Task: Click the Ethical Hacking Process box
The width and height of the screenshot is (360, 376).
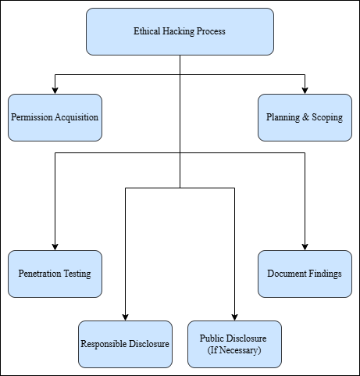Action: point(180,31)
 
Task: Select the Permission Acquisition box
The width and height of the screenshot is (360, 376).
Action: point(55,117)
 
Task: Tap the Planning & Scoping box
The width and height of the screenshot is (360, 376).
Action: point(305,117)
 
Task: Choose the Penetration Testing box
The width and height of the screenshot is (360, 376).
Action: point(55,274)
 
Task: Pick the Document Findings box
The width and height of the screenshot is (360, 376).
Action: point(305,274)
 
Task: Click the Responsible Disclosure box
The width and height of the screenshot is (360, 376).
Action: point(125,344)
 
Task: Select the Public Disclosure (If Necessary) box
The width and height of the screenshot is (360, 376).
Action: point(234,344)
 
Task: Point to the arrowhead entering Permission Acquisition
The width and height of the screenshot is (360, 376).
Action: point(55,91)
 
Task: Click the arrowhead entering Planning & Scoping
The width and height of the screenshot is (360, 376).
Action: point(305,91)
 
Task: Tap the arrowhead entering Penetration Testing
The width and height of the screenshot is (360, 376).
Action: point(55,247)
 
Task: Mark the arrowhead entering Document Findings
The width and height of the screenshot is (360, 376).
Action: point(305,247)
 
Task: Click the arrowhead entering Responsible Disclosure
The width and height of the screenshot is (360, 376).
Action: point(125,317)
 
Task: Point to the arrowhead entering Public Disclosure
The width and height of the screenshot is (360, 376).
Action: point(234,317)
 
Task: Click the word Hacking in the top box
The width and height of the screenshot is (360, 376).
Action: point(179,31)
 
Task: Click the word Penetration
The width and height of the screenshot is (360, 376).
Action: point(40,274)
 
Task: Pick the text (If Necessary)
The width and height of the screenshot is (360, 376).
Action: point(234,350)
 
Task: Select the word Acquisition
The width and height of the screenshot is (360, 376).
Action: point(77,117)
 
